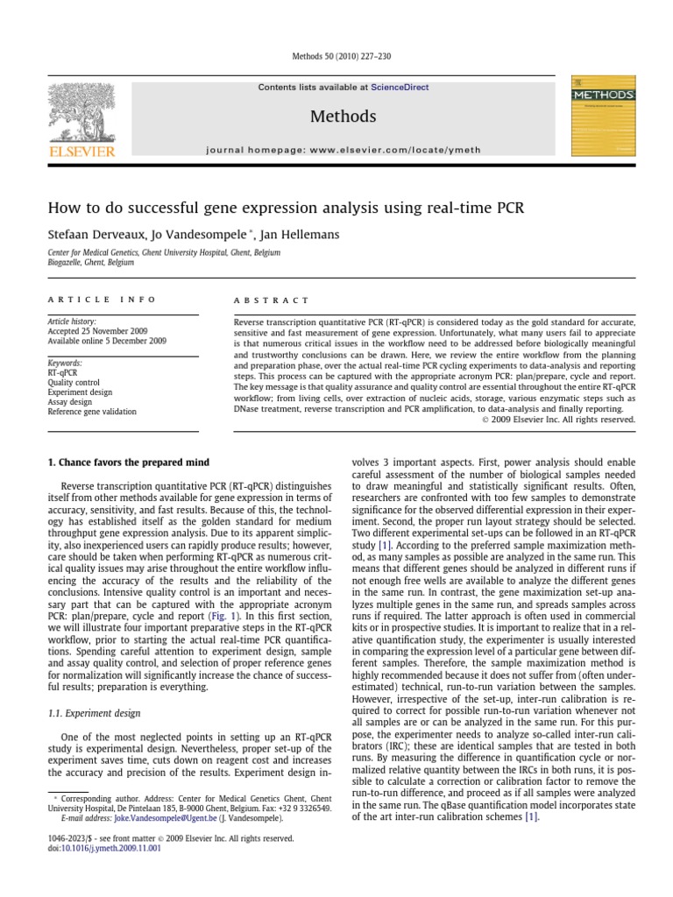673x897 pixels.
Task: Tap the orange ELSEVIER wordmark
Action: (81, 152)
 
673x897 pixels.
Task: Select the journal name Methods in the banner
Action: (343, 117)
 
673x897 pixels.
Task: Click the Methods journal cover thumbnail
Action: (603, 118)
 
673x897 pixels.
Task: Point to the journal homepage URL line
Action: (343, 150)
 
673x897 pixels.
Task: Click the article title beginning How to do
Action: (287, 208)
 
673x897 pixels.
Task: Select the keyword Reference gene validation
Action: (92, 411)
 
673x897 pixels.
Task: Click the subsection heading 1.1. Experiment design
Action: (94, 714)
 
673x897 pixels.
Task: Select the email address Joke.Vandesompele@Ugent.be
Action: (141, 816)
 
